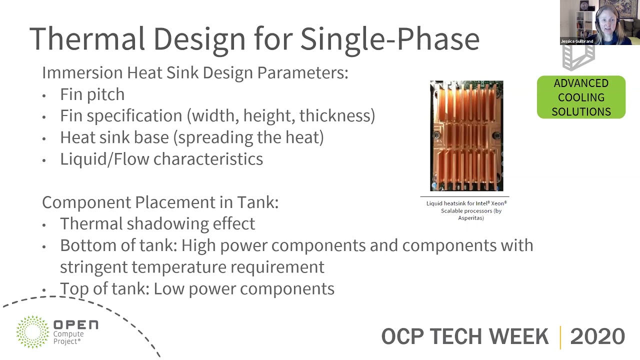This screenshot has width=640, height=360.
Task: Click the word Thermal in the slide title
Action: coord(87,38)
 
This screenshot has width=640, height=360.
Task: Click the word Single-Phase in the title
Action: coord(389,38)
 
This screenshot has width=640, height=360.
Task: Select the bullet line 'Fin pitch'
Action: coord(92,94)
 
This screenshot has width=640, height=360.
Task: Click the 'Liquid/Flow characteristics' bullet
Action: coord(161,159)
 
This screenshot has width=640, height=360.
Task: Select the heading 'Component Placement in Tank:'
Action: coord(160,202)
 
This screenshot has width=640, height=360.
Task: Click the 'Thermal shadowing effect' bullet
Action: coord(157,223)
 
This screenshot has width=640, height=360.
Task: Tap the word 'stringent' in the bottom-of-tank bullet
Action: coord(93,267)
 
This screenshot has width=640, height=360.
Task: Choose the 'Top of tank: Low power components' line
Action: coord(197,288)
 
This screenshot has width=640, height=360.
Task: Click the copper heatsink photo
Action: coord(466,135)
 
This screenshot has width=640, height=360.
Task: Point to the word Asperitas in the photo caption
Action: coord(470,218)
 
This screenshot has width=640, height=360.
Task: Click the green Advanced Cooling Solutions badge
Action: coord(581,97)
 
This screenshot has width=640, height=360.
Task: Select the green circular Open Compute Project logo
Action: coord(32,331)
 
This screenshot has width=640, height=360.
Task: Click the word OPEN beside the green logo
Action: coord(75,325)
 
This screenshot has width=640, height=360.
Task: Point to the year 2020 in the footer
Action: coord(597,336)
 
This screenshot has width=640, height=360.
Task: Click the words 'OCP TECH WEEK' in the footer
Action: coord(464,336)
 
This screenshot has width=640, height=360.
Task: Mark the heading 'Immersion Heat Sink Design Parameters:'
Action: coord(195,73)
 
